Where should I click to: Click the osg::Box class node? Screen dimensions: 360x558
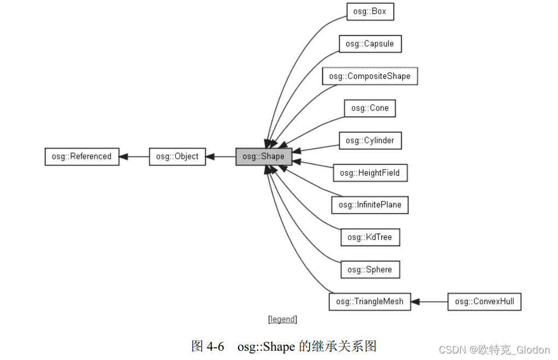(x=370, y=11)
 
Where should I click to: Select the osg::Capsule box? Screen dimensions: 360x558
(x=370, y=44)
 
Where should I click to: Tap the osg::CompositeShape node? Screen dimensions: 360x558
(x=370, y=76)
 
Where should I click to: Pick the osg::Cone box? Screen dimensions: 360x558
(x=370, y=108)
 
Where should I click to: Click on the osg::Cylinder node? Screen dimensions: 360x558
(x=370, y=140)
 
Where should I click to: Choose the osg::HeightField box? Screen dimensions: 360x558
(x=370, y=173)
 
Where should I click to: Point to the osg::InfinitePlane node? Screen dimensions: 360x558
(x=370, y=205)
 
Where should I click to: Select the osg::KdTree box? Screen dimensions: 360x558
(x=370, y=237)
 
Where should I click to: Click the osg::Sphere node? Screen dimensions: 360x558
(x=370, y=269)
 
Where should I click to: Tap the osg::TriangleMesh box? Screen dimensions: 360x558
(x=370, y=301)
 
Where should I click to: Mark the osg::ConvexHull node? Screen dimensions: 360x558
(x=484, y=301)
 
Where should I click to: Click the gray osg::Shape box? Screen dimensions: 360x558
(x=264, y=156)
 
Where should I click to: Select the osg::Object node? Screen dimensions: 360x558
(x=177, y=156)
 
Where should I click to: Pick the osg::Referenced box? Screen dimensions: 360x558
(x=82, y=156)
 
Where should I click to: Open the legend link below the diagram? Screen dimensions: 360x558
(x=283, y=319)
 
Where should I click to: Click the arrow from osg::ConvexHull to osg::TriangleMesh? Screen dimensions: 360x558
(x=429, y=301)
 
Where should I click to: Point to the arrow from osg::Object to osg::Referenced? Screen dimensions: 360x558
(x=134, y=156)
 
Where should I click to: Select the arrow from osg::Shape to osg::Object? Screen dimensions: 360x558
(x=220, y=156)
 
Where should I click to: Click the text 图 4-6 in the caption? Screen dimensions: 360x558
(x=208, y=346)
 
